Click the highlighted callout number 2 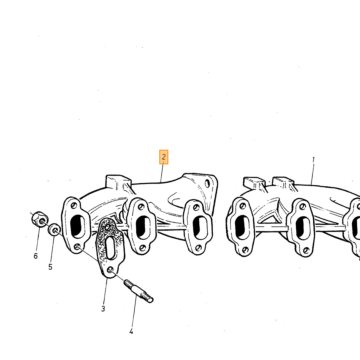point(163,157)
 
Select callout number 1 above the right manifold point(313,160)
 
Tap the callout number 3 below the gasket point(103,309)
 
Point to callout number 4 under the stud point(131,332)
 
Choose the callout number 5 point(50,267)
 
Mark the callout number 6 point(36,256)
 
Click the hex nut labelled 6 point(40,219)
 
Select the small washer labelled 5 point(54,230)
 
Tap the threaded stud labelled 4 point(139,291)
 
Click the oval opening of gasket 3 point(110,248)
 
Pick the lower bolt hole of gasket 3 point(110,269)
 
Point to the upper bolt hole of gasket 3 point(107,227)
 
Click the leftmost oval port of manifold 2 point(78,226)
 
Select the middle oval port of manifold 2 point(143,228)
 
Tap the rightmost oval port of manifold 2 point(200,228)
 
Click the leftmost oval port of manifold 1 point(242,227)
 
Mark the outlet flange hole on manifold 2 point(207,183)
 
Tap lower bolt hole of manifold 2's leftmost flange point(77,247)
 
